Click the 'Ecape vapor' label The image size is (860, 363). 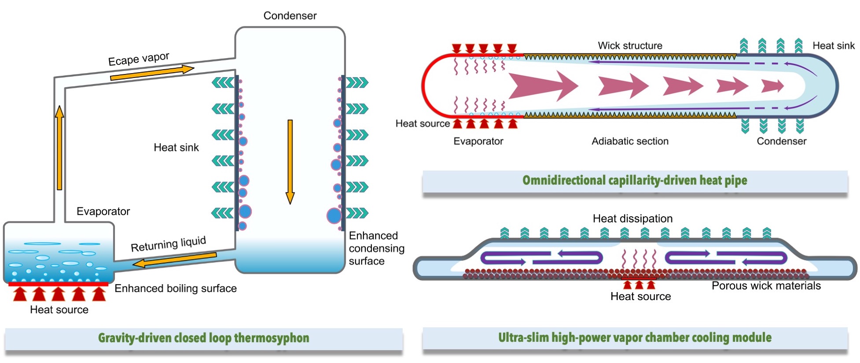click(x=139, y=59)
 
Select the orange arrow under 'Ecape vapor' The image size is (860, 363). click(x=152, y=73)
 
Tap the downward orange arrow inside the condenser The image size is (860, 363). click(x=290, y=161)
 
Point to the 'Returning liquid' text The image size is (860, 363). click(x=169, y=244)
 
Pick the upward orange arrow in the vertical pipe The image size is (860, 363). click(x=59, y=148)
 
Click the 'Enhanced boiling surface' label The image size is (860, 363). click(x=176, y=289)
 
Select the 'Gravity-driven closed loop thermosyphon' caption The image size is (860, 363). click(x=203, y=338)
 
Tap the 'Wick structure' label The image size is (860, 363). click(x=630, y=46)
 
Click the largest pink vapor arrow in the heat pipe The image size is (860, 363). click(x=543, y=85)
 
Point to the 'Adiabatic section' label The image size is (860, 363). click(x=630, y=141)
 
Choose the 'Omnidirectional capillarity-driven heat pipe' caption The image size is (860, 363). click(x=635, y=181)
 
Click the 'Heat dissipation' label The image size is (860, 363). click(x=632, y=219)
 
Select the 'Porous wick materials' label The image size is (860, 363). click(x=766, y=286)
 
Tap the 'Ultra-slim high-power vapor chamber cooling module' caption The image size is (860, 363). click(x=635, y=338)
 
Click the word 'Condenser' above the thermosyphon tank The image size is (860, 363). click(x=290, y=16)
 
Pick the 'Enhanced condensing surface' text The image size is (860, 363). click(x=376, y=248)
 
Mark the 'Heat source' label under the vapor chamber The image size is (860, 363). click(x=640, y=296)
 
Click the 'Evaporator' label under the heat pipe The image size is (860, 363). click(x=478, y=141)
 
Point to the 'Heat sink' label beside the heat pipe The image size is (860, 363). click(x=833, y=46)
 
